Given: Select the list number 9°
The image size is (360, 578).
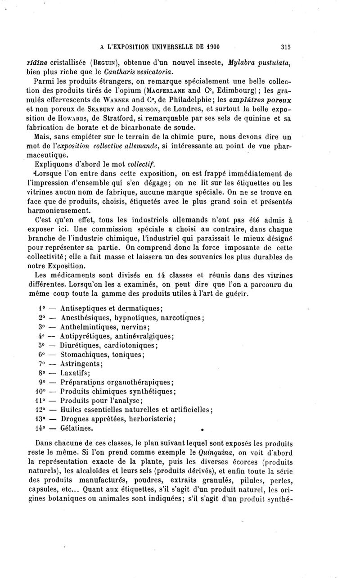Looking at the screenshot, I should [x=38, y=382].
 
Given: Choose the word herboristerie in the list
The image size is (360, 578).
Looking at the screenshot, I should [x=149, y=419].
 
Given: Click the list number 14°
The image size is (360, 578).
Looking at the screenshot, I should [x=39, y=428].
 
